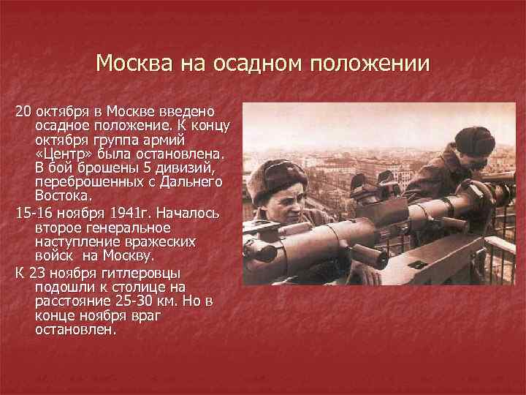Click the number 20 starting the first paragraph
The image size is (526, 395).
tap(23, 111)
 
